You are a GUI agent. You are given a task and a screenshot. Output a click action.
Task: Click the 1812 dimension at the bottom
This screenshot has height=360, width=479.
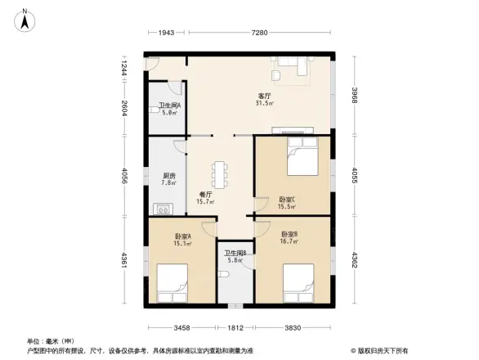click(235, 327)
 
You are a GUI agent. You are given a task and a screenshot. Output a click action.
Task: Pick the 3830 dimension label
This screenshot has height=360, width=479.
click(293, 327)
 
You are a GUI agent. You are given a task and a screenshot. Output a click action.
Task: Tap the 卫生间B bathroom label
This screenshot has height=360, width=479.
click(235, 255)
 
